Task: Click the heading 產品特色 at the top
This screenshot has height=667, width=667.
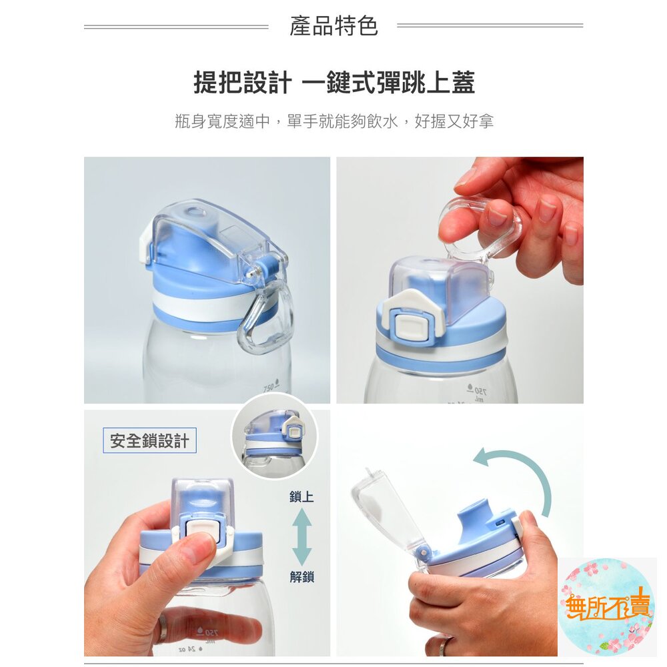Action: [x=333, y=26]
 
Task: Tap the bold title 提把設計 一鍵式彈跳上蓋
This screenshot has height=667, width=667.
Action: [x=334, y=82]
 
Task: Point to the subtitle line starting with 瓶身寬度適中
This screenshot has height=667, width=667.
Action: [x=334, y=121]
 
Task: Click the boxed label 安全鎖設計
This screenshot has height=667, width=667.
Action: [x=149, y=440]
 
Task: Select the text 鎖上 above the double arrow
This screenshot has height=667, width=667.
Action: [x=301, y=496]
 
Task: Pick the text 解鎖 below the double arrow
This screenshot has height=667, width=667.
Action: [x=301, y=577]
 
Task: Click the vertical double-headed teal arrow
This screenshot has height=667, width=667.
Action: [x=301, y=537]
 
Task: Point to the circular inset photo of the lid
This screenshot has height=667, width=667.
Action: [x=274, y=436]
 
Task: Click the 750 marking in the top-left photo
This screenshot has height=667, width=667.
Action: [x=268, y=388]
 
